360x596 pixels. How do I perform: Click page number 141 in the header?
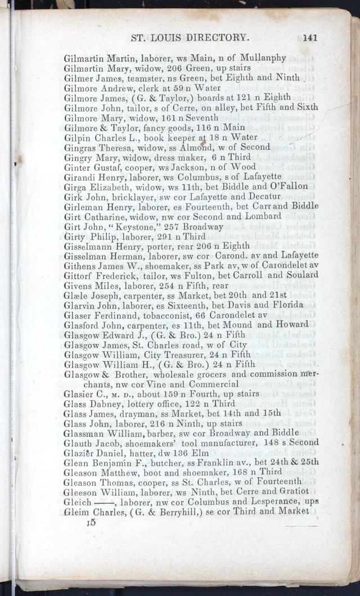310,38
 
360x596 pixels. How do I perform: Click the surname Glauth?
80,443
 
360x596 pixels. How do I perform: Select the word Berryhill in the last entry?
166,511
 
